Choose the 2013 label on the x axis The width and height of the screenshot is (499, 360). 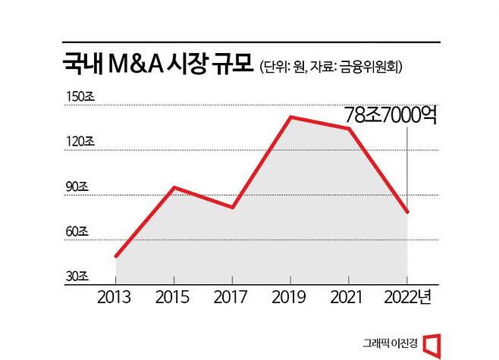[115, 297]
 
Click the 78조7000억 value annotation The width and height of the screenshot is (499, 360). [391, 115]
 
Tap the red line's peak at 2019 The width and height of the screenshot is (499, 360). [290, 117]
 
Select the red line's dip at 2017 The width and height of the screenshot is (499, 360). [232, 207]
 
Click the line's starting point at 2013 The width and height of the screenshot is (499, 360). [115, 256]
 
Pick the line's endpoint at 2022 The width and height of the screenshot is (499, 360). [408, 212]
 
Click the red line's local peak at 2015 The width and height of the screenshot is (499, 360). [174, 186]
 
